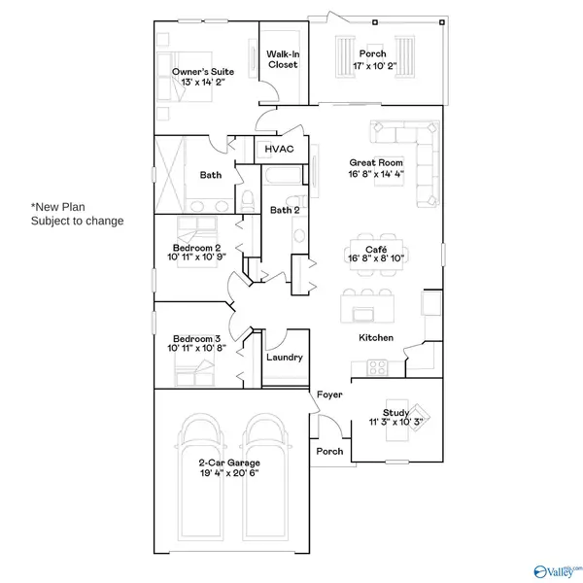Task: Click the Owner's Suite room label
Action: [x=204, y=71]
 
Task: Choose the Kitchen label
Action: [x=376, y=337]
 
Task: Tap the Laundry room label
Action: [x=284, y=357]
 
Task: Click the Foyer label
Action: [x=327, y=394]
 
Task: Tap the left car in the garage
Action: [x=202, y=476]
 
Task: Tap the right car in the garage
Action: [x=268, y=476]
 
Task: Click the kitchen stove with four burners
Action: [x=377, y=366]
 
